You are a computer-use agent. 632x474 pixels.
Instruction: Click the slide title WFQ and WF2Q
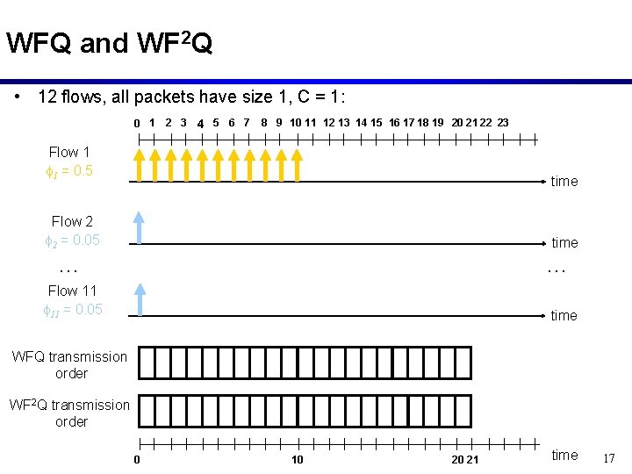click(109, 43)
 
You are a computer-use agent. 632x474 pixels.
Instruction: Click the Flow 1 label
click(69, 152)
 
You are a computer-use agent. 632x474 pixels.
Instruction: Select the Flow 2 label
click(72, 221)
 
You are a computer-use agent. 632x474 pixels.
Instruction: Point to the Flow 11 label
click(72, 291)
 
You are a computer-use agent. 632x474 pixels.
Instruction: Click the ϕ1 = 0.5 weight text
click(68, 170)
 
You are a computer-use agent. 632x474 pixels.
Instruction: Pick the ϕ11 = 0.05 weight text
click(72, 309)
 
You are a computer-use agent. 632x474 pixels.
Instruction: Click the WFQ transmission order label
click(69, 364)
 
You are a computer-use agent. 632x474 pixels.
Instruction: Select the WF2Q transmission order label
click(69, 413)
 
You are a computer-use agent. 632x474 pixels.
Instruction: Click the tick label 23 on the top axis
click(502, 122)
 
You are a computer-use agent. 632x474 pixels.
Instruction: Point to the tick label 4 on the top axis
click(201, 123)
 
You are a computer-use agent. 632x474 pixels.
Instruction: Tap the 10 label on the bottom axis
click(298, 460)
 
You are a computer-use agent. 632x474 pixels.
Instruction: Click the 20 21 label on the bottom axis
click(465, 460)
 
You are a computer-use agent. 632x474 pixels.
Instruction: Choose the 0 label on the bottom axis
click(137, 460)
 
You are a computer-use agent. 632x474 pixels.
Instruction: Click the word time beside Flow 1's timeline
click(564, 181)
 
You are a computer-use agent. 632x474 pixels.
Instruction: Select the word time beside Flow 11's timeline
click(564, 315)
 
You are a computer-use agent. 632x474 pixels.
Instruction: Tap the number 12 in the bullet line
click(48, 97)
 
